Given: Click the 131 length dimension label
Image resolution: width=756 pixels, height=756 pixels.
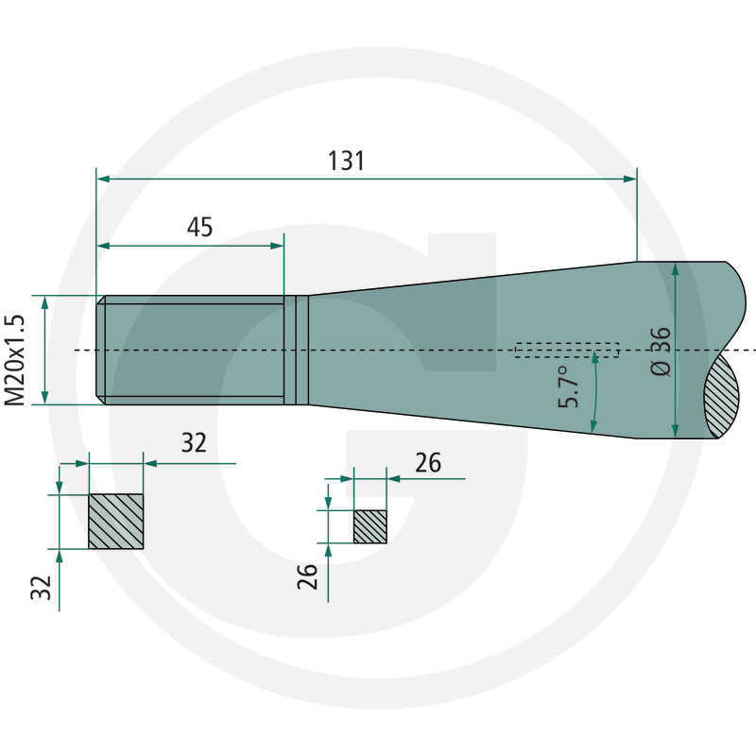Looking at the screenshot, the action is (346, 161).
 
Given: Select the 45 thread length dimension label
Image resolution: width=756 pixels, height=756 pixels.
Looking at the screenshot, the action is (199, 227).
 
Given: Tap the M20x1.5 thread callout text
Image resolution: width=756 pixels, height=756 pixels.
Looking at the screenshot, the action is (14, 360).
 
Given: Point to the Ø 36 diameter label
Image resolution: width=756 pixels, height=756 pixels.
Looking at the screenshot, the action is (660, 351).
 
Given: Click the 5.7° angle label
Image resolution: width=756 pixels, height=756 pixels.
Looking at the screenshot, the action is (569, 387).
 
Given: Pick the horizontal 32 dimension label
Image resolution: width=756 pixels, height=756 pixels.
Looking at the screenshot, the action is (194, 442).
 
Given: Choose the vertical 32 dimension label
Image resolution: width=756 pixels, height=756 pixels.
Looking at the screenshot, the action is (41, 587).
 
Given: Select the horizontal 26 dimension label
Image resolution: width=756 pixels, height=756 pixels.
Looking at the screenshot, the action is (428, 462).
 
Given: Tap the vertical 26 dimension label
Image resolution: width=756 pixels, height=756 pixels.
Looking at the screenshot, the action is (307, 576).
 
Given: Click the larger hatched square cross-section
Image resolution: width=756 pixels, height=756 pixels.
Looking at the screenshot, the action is (115, 522).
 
